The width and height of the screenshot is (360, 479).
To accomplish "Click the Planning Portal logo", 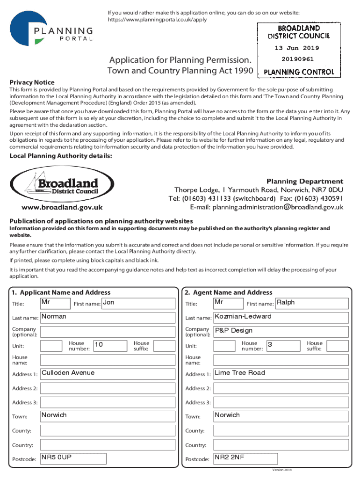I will [51, 29].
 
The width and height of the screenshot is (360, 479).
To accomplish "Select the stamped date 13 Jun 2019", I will [296, 48].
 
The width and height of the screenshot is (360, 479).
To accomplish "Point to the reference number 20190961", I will [297, 59].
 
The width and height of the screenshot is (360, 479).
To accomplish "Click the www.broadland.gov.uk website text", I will [62, 207].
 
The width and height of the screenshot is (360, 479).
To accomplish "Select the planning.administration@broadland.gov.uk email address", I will [278, 207].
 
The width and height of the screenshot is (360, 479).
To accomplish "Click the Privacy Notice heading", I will [32, 82].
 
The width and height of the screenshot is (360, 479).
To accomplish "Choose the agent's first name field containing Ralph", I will [312, 304].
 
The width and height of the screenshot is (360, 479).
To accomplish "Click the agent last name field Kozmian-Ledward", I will [281, 318].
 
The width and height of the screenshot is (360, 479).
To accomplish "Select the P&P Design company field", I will [281, 332].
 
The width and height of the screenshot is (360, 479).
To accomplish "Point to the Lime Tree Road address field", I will [281, 374].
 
